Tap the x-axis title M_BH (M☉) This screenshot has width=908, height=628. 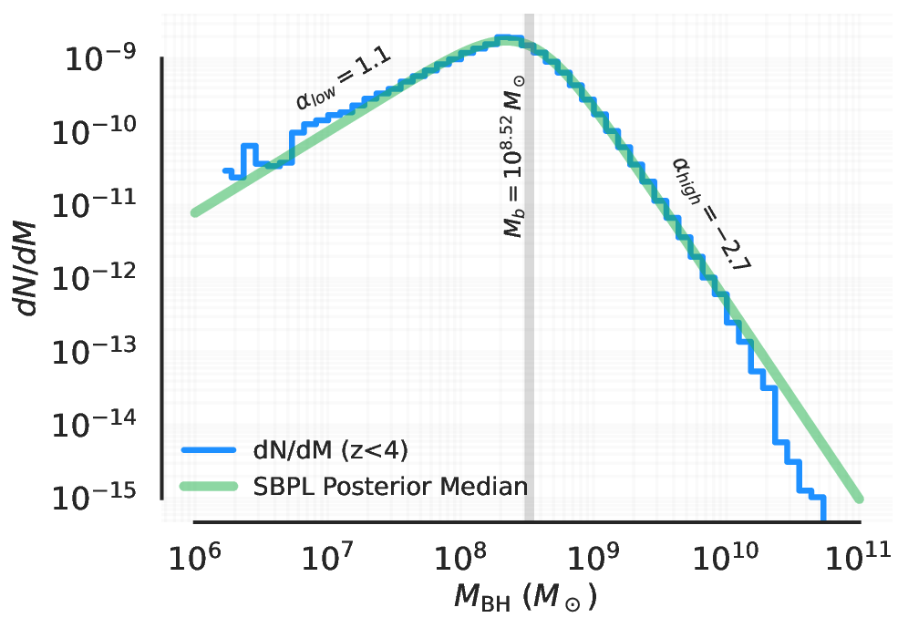(x=525, y=599)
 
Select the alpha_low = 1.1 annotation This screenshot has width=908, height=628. (x=343, y=79)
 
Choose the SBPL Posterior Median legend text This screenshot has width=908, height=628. (x=389, y=485)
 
